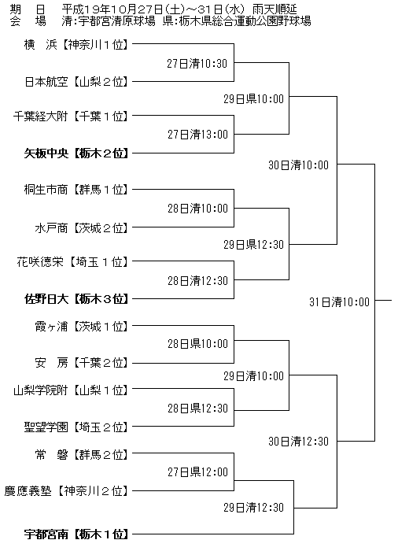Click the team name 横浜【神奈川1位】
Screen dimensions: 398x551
pyautogui.click(x=76, y=45)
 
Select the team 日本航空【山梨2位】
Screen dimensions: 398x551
pyautogui.click(x=76, y=82)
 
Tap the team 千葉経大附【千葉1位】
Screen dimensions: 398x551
pyautogui.click(x=71, y=116)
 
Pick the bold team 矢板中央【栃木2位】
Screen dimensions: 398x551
pyautogui.click(x=76, y=153)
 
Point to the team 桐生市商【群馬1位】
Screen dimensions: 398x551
pyautogui.click(x=76, y=190)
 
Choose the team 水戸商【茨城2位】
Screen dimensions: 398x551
pyautogui.click(x=82, y=228)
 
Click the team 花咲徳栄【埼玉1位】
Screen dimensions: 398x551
pyautogui.click(x=72, y=262)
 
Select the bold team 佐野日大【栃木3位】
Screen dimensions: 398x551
pyautogui.click(x=76, y=299)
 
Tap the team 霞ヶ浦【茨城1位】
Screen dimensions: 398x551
pyautogui.click(x=82, y=327)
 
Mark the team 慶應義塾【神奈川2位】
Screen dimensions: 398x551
pyautogui.click(x=66, y=490)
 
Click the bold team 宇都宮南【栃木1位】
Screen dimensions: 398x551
pyautogui.click(x=76, y=534)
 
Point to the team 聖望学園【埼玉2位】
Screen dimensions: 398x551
pyautogui.click(x=76, y=427)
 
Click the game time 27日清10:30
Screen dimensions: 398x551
pyautogui.click(x=197, y=64)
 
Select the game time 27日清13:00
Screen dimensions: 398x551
pyautogui.click(x=197, y=135)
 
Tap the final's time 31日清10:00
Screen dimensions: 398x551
pyautogui.click(x=339, y=301)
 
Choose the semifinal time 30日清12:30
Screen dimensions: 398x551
pyautogui.click(x=299, y=442)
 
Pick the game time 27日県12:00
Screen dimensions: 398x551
pyautogui.click(x=197, y=472)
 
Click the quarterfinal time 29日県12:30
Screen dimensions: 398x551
pyautogui.click(x=253, y=245)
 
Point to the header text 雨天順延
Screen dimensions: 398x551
pyautogui.click(x=275, y=9)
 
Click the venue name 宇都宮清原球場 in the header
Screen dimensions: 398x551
pyautogui.click(x=117, y=21)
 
